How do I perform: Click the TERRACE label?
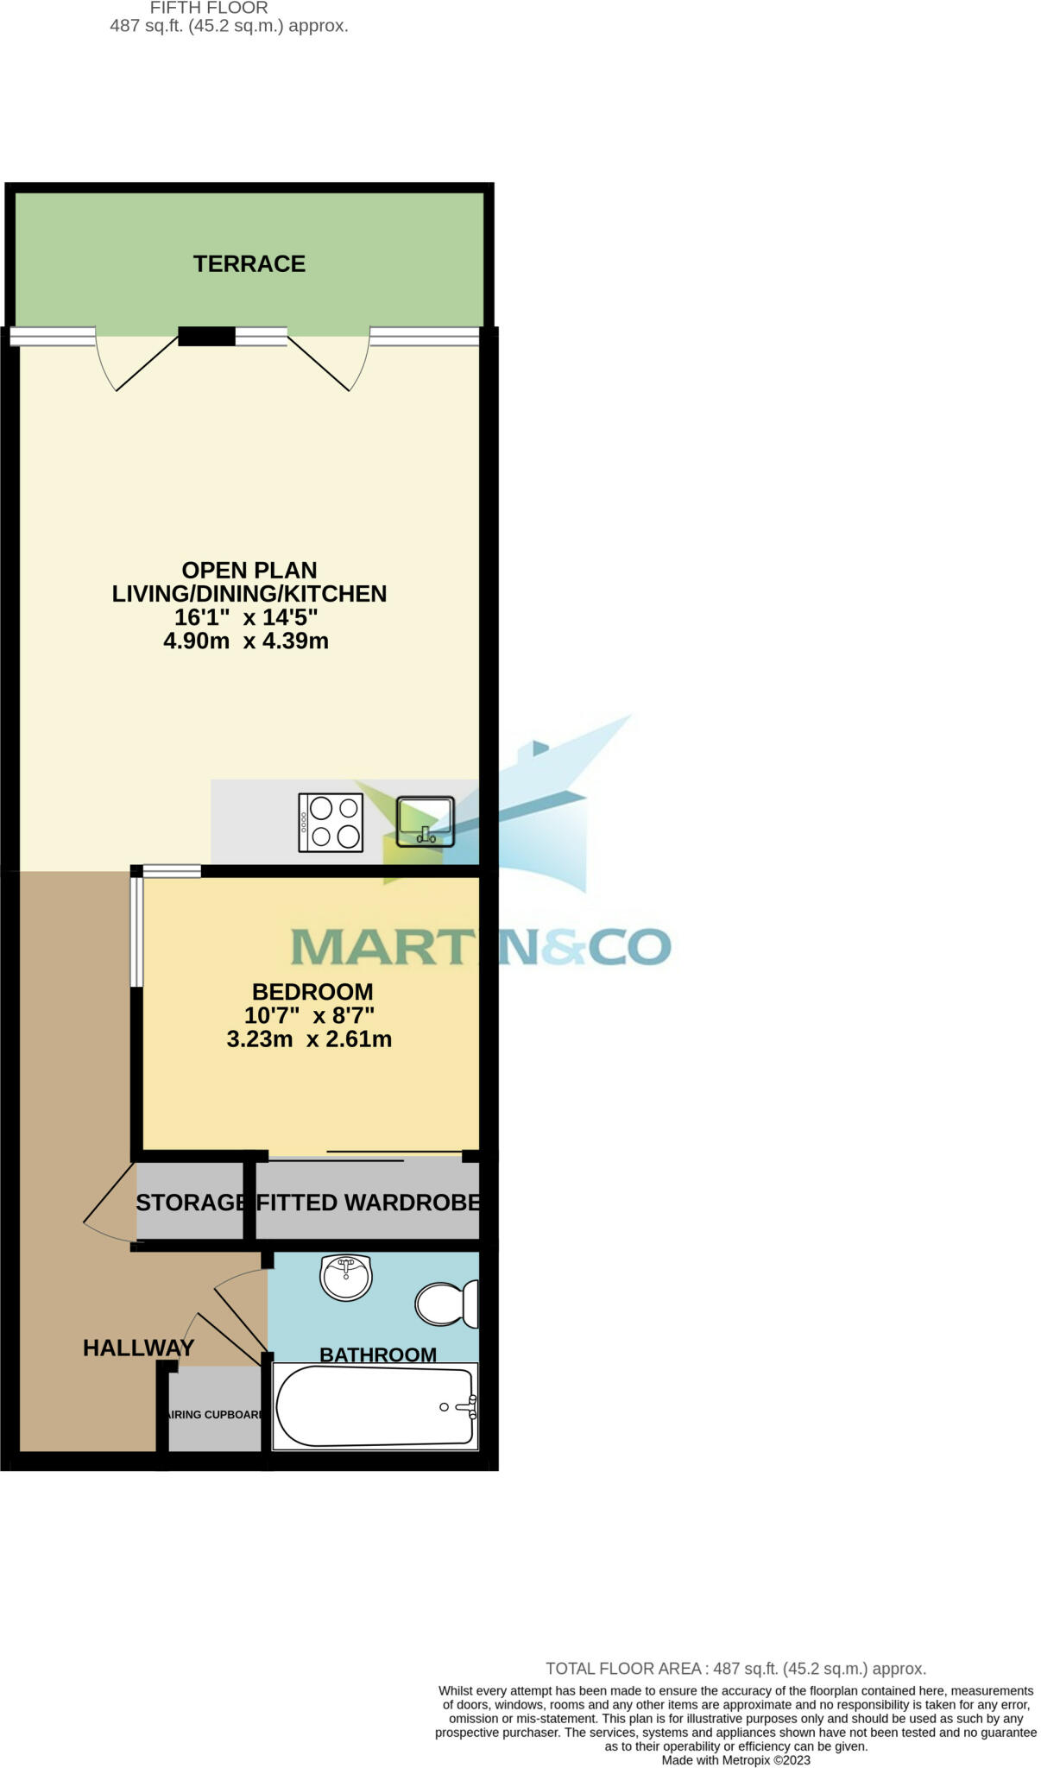[249, 264]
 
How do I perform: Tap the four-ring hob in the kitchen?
[331, 822]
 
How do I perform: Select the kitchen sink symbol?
[425, 821]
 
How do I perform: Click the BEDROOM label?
[312, 992]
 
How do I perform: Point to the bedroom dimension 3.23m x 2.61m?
[309, 1039]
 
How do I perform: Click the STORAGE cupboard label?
[191, 1203]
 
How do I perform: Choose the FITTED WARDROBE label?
[368, 1203]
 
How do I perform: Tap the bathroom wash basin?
[346, 1277]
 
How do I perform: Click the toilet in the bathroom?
[446, 1303]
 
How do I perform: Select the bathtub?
[375, 1406]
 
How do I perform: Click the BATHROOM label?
[378, 1354]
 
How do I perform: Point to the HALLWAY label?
[139, 1348]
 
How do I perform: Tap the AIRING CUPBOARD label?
[215, 1415]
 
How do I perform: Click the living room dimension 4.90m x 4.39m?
[246, 641]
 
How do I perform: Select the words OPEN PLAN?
[249, 570]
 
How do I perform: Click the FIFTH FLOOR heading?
[209, 8]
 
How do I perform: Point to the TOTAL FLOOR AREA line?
[735, 1669]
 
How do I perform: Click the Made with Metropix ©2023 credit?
[735, 1760]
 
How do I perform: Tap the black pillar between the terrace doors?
[206, 336]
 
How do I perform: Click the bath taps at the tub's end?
[470, 1407]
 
